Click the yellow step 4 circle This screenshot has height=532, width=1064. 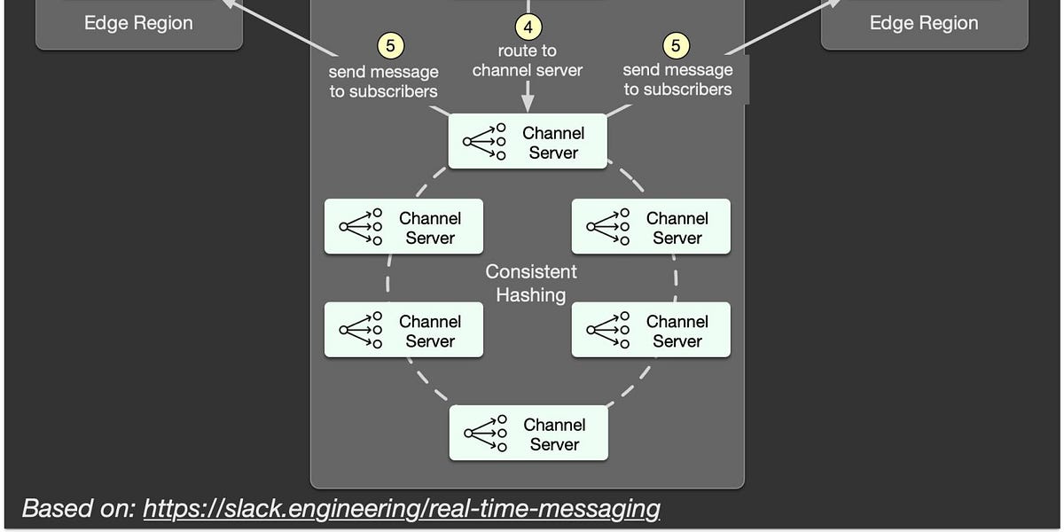(528, 27)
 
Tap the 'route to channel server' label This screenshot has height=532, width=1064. (528, 61)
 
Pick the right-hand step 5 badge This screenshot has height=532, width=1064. (677, 45)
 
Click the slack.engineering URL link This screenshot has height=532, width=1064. (402, 508)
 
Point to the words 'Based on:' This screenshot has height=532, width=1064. (78, 508)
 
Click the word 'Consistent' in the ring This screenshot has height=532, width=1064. (531, 272)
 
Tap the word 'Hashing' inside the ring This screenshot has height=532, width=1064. (531, 295)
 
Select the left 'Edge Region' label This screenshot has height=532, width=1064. (138, 23)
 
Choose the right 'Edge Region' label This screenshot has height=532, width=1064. (924, 23)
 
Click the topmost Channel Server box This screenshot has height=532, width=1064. (528, 142)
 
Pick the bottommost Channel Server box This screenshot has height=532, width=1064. (528, 434)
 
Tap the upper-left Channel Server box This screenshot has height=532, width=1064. (403, 227)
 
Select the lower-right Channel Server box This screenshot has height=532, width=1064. (651, 330)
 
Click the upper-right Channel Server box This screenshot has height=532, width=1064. (651, 227)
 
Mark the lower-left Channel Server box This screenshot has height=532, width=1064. (403, 330)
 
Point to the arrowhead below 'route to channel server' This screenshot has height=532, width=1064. (528, 106)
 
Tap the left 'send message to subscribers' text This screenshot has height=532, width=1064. (383, 81)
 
